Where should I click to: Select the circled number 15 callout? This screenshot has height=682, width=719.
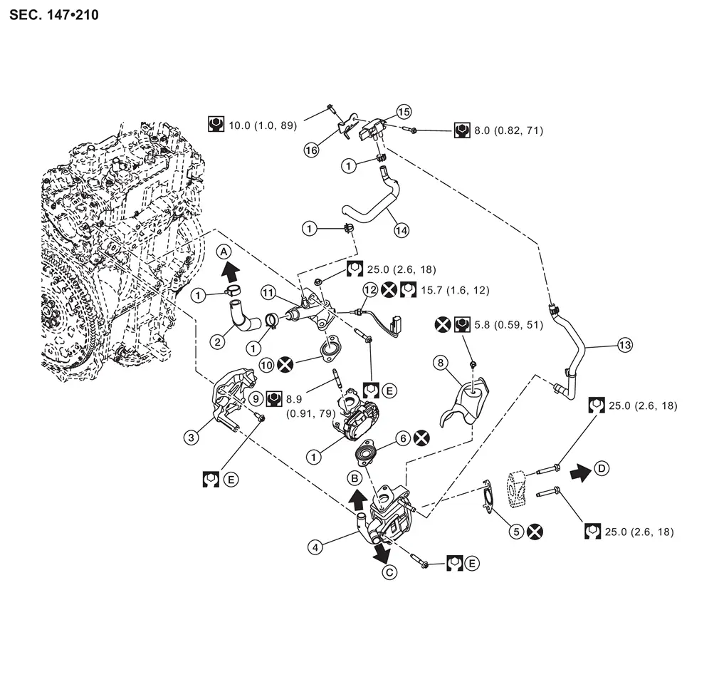[x=404, y=112]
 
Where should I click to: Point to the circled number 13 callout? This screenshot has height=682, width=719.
[x=624, y=346]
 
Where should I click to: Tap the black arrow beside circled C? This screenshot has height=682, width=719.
[x=381, y=550]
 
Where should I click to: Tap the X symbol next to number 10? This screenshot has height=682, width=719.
[x=285, y=364]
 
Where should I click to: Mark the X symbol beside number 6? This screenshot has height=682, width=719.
[x=421, y=439]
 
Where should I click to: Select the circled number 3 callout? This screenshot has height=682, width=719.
[x=191, y=437]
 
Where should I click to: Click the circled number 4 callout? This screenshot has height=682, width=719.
[x=315, y=547]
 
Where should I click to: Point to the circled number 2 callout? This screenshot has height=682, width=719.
[x=219, y=341]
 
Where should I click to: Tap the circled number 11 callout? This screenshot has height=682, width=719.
[x=268, y=291]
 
